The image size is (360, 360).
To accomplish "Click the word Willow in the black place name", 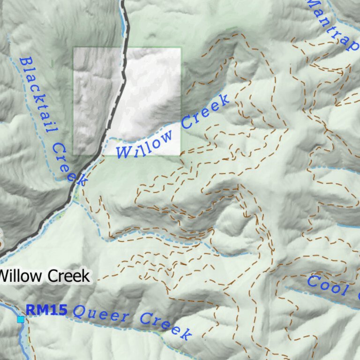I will point(21,276).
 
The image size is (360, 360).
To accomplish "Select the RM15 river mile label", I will point(46,310).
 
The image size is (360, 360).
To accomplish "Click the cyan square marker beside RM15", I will point(20,319).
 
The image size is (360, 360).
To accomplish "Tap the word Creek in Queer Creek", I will point(166,326).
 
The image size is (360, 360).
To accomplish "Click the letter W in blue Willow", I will point(123,152).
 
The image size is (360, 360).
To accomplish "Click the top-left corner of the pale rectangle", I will point(73,48).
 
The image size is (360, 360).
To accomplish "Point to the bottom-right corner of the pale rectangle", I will point(180,155).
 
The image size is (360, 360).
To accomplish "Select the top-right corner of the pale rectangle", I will point(180,48).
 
